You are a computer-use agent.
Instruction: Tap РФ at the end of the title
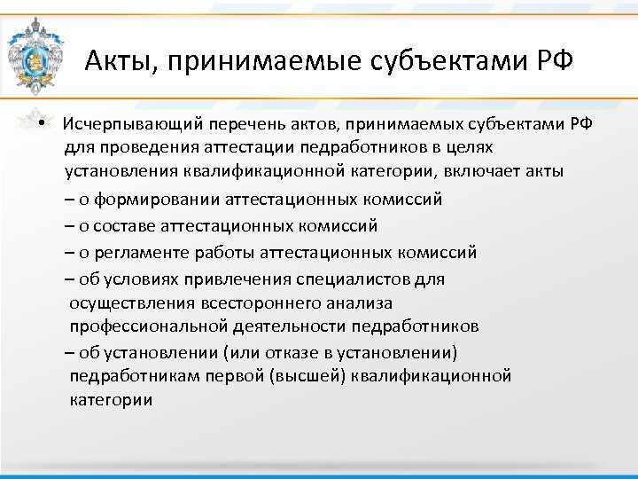point(551,62)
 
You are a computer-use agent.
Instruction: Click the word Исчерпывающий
point(125,123)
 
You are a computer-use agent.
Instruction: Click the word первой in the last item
point(237,376)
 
